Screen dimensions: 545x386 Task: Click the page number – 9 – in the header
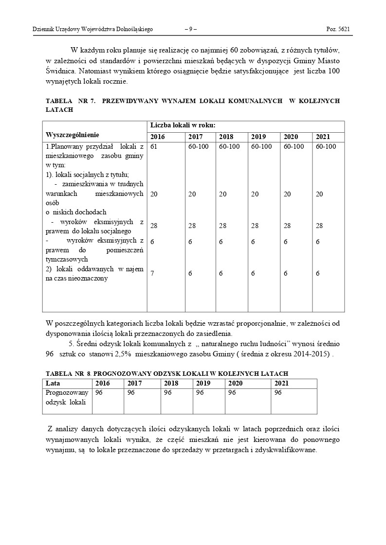click(191, 29)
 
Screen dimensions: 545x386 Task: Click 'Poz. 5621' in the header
click(338, 29)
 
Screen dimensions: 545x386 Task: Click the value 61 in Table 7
click(154, 146)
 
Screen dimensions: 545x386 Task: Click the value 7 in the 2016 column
click(152, 273)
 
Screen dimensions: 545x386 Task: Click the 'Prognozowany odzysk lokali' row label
click(67, 397)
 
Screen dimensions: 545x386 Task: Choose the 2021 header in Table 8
click(281, 383)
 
